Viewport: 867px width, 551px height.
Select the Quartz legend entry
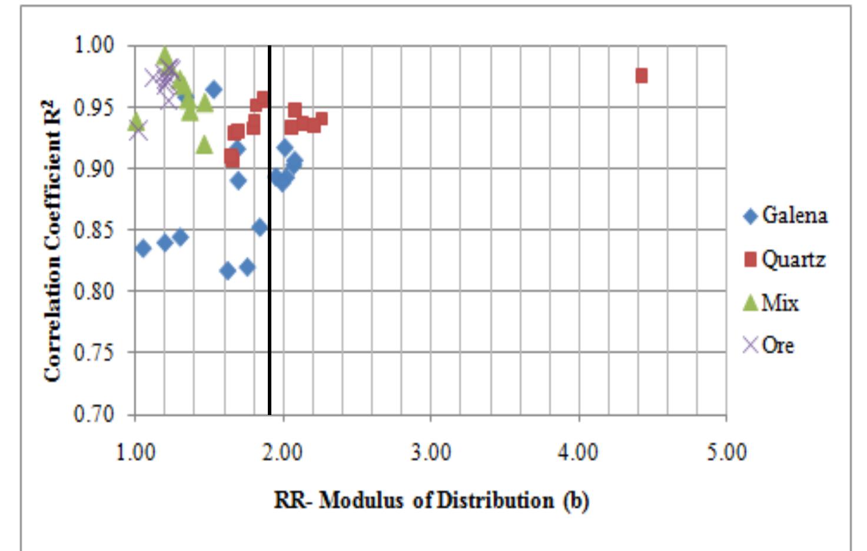pyautogui.click(x=785, y=259)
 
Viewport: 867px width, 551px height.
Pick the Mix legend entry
pyautogui.click(x=772, y=303)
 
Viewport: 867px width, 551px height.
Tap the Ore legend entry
pyautogui.click(x=769, y=345)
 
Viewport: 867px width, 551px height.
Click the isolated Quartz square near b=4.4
pyautogui.click(x=642, y=76)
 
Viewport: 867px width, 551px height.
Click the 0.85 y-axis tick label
pyautogui.click(x=94, y=230)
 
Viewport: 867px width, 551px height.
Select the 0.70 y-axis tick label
pyautogui.click(x=94, y=414)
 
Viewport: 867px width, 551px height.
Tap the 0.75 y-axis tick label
pyautogui.click(x=94, y=353)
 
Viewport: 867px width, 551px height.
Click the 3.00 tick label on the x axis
pyautogui.click(x=431, y=453)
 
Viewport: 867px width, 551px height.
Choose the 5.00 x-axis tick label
pyautogui.click(x=726, y=453)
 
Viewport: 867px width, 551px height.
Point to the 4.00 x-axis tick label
pyautogui.click(x=579, y=453)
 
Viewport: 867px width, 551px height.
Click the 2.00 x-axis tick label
pyautogui.click(x=283, y=453)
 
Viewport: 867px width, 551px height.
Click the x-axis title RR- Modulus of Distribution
pyautogui.click(x=431, y=500)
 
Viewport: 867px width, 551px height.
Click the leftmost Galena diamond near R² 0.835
pyautogui.click(x=143, y=248)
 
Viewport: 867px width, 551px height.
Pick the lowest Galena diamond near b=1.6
pyautogui.click(x=227, y=271)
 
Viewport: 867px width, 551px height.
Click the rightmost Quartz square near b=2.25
pyautogui.click(x=321, y=120)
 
